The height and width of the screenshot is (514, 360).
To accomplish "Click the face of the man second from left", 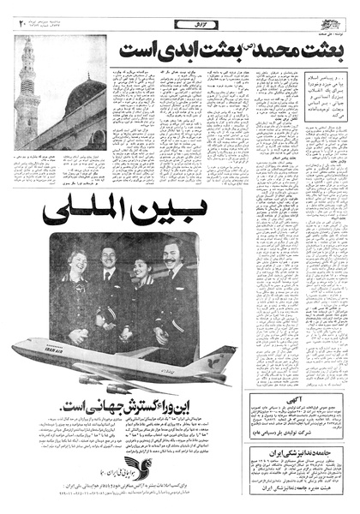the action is tap(109, 257).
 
